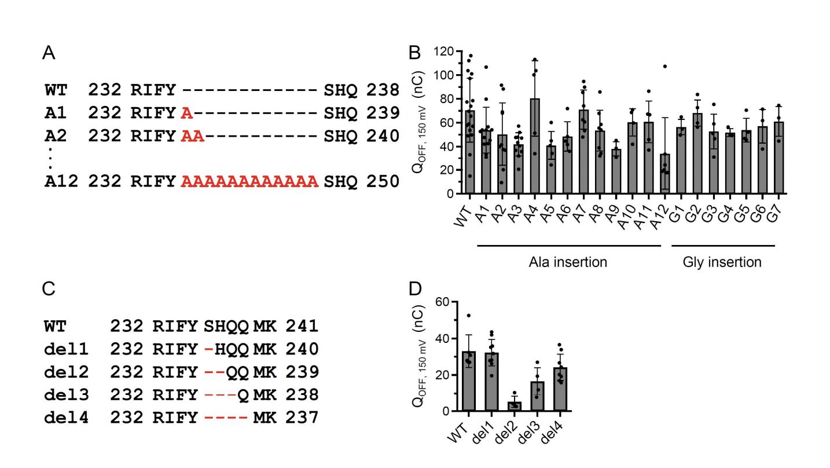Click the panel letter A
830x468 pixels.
point(49,54)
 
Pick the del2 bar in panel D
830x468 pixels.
point(498,406)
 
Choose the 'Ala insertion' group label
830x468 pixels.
point(568,262)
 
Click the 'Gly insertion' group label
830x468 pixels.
point(722,262)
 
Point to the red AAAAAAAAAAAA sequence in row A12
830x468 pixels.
point(249,182)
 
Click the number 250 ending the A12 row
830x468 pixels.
point(382,182)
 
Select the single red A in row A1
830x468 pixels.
point(186,113)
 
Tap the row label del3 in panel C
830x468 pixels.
point(66,394)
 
